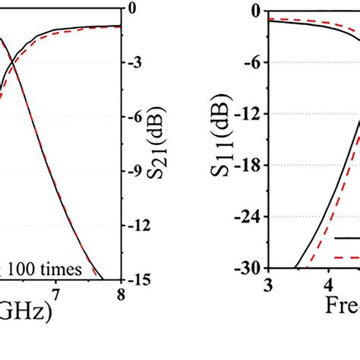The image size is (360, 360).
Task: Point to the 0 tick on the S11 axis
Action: pyautogui.click(x=256, y=11)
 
